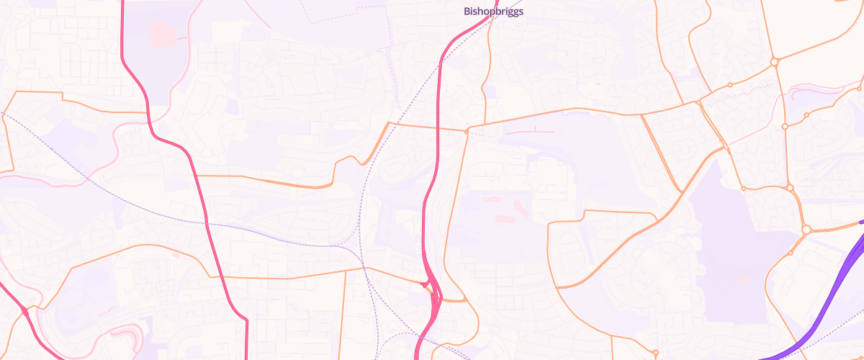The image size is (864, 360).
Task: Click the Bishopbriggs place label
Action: click(493, 12)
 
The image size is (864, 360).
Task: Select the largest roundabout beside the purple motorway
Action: click(806, 230)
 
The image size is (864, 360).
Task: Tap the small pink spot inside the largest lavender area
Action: click(744, 279)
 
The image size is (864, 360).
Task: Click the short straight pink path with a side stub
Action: click(529, 132)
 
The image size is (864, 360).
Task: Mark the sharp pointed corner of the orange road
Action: click(389, 123)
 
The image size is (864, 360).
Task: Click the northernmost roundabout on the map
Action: click(775, 62)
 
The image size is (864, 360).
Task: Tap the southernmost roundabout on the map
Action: click(655, 353)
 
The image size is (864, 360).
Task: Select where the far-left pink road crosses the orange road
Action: click(24, 310)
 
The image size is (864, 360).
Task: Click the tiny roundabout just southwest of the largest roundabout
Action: click(791, 253)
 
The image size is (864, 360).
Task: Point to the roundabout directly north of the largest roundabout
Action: click(790, 188)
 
